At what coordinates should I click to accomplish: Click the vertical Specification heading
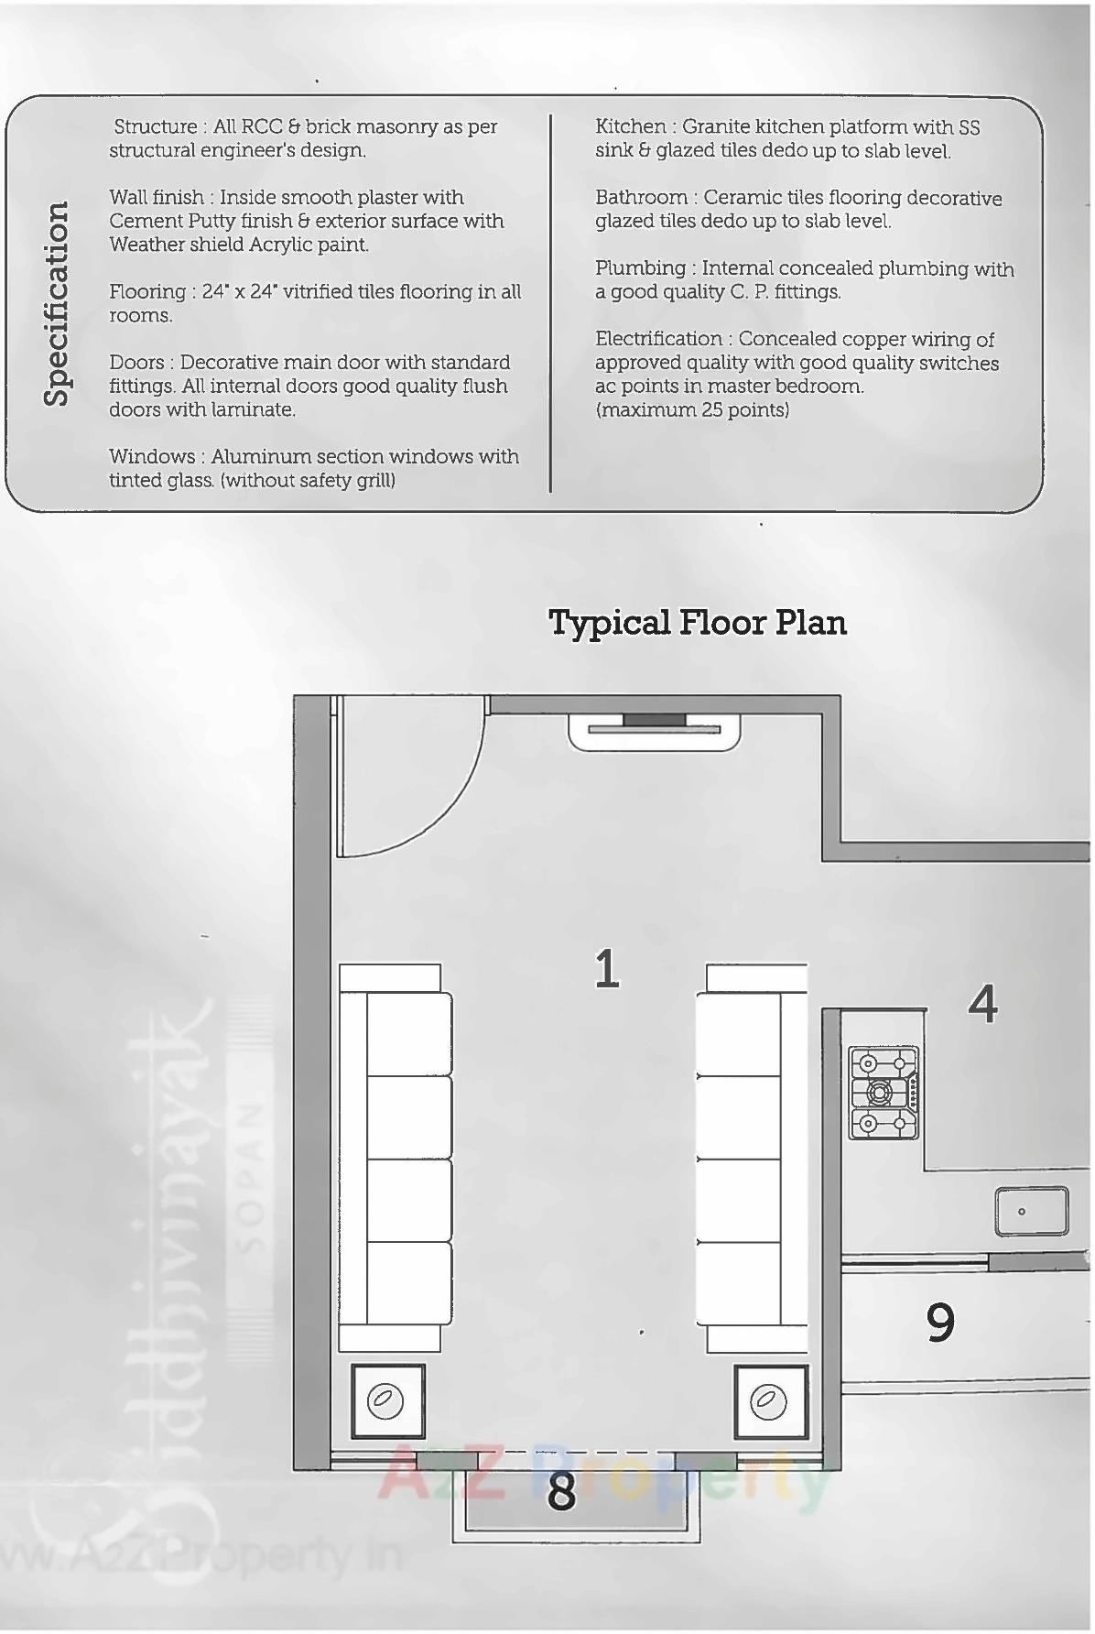(57, 303)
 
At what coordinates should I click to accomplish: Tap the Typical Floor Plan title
(697, 623)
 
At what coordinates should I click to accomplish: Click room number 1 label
(607, 969)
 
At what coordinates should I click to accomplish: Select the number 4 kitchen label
(982, 1004)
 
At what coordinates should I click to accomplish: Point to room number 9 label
(940, 1322)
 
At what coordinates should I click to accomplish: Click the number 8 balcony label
(561, 1491)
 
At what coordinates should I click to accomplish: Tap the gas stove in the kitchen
(884, 1093)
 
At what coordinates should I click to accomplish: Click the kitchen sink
(1031, 1211)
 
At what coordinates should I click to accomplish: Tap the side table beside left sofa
(388, 1401)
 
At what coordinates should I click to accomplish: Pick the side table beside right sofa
(770, 1401)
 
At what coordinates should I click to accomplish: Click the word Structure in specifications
(155, 126)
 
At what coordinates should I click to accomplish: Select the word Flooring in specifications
(147, 291)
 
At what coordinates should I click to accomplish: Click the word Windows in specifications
(151, 456)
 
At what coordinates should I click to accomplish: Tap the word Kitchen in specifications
(631, 126)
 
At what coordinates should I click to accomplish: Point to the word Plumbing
(640, 268)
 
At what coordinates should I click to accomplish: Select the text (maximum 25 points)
(692, 409)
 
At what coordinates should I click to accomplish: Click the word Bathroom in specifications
(641, 198)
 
